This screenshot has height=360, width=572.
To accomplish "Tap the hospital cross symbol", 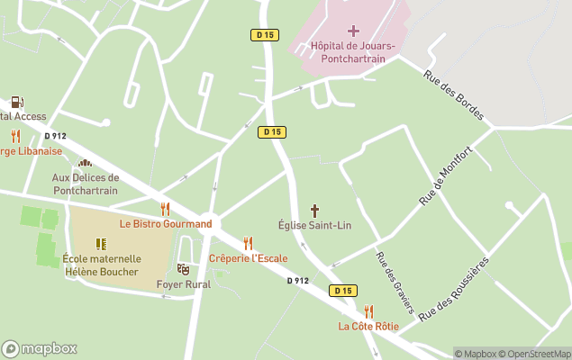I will pos(352,31).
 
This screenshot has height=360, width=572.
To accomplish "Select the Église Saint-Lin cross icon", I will pos(314,210).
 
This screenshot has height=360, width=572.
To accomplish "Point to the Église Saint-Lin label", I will pos(314,225).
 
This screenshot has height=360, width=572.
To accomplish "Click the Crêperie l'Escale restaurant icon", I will pos(248,243).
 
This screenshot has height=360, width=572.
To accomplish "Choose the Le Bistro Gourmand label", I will pos(166,223).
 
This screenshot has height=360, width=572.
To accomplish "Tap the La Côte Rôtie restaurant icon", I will pos(368,311).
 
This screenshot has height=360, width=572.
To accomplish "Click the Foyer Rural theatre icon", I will pos(183,268).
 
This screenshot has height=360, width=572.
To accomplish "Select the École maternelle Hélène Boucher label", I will pos(102,265).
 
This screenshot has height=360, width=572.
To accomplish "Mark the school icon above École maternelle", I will pos(101,244).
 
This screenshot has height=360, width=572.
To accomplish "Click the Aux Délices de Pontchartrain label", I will pos(86,184).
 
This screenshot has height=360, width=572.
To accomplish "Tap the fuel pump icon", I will pos(17,102).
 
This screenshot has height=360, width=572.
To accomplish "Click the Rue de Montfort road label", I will pos(444,175).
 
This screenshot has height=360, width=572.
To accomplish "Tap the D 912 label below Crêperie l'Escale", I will pos(298,280).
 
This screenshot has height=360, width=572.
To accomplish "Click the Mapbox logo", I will pos(40,348).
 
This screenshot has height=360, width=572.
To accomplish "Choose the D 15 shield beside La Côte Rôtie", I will pos(342,291).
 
